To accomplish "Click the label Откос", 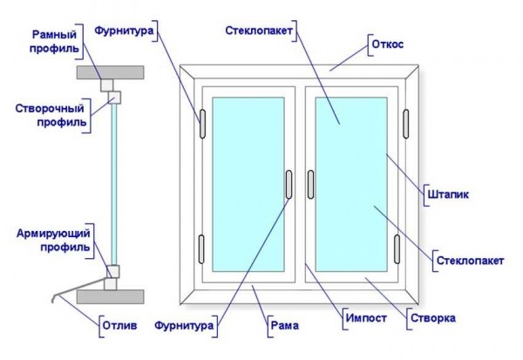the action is pyautogui.click(x=388, y=44).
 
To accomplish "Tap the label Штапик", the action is pyautogui.click(x=448, y=194).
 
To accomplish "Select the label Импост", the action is pyautogui.click(x=366, y=318).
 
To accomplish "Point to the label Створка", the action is pyautogui.click(x=433, y=318).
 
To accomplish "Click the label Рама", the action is pyautogui.click(x=285, y=325).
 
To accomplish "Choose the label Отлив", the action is pyautogui.click(x=119, y=325).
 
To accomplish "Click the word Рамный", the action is pyautogui.click(x=54, y=34).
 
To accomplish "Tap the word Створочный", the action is pyautogui.click(x=50, y=108).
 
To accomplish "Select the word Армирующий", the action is pyautogui.click(x=53, y=234).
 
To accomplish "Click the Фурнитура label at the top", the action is pyautogui.click(x=124, y=31).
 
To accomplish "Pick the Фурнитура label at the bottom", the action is pyautogui.click(x=184, y=325).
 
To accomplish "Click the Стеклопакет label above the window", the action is pyautogui.click(x=259, y=31).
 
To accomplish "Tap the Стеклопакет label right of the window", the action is pyautogui.click(x=470, y=261).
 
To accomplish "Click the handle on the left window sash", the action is pyautogui.click(x=289, y=185).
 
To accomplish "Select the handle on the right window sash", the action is pyautogui.click(x=310, y=185).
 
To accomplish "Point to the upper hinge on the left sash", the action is pyautogui.click(x=202, y=124).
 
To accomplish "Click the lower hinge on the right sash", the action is pyautogui.click(x=397, y=249).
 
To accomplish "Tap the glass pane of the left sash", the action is pyautogui.click(x=248, y=185).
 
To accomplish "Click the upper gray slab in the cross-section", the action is pyautogui.click(x=111, y=72).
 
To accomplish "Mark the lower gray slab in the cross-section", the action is pyautogui.click(x=111, y=296).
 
